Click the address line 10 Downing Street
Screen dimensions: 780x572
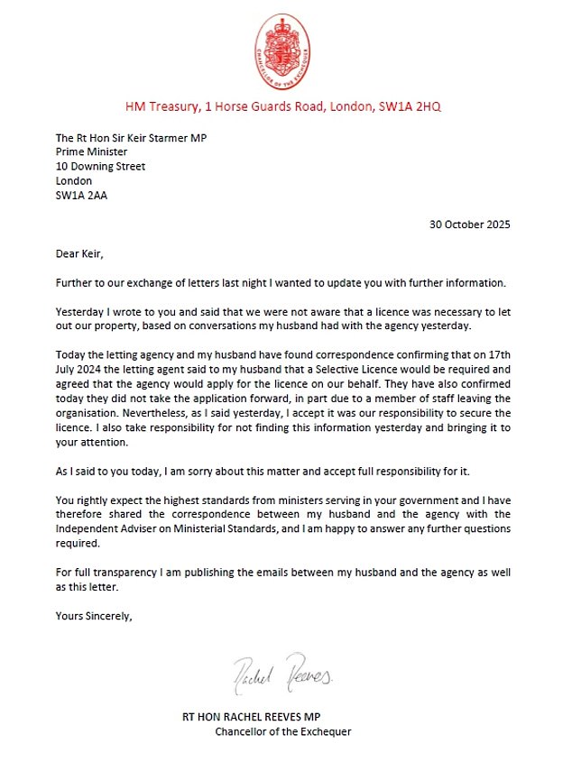tap(100, 166)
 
